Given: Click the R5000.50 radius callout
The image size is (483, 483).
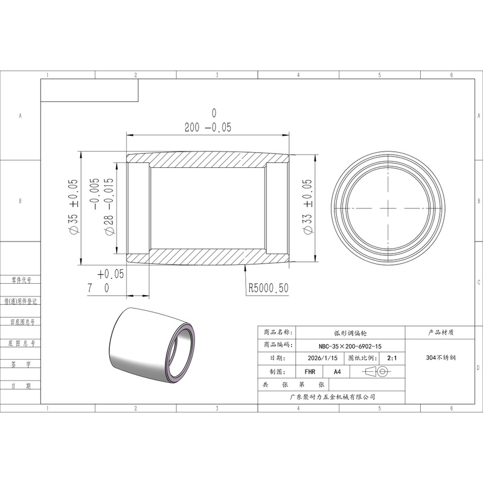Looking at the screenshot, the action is pyautogui.click(x=268, y=289).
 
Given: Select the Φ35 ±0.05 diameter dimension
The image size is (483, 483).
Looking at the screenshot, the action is pyautogui.click(x=73, y=206).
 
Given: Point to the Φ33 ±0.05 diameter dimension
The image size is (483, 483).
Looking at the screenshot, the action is pyautogui.click(x=307, y=207).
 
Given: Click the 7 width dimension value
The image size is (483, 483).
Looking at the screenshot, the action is pyautogui.click(x=90, y=288).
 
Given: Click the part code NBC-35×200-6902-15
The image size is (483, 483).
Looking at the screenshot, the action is pyautogui.click(x=350, y=346).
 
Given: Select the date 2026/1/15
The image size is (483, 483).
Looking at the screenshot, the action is pyautogui.click(x=322, y=358).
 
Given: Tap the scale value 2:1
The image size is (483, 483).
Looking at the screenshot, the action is pyautogui.click(x=392, y=358).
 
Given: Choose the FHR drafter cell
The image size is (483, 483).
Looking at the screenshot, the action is pyautogui.click(x=310, y=372).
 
